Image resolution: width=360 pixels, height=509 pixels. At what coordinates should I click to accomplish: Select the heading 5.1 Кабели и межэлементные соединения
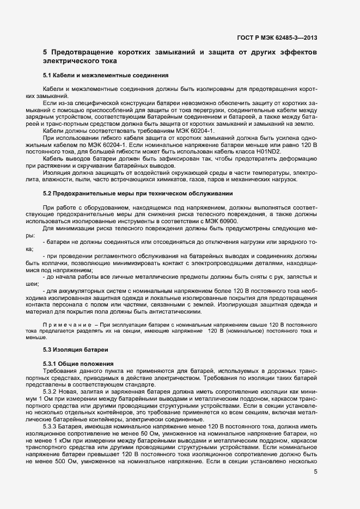click(106, 74)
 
